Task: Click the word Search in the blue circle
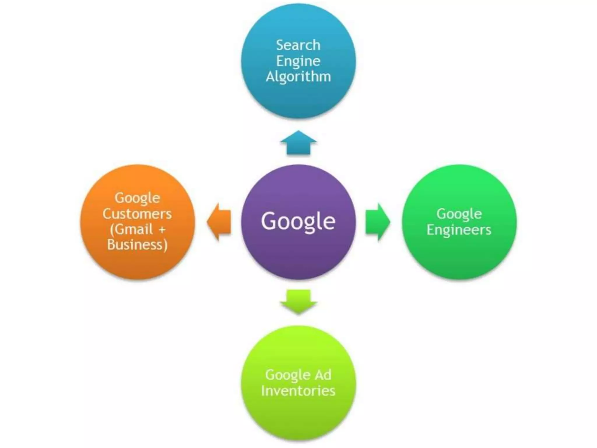298,45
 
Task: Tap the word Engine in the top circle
298,61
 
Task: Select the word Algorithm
298,77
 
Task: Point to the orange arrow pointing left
219,222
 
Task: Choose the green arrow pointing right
377,222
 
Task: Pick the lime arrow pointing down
298,301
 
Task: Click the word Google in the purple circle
298,221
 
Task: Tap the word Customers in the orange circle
137,214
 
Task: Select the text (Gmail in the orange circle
131,229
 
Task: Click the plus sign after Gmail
162,230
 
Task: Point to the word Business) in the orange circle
137,245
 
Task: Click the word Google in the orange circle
137,198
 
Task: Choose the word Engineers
459,230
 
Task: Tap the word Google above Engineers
459,214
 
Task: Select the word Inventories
298,391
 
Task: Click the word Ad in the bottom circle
323,375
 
